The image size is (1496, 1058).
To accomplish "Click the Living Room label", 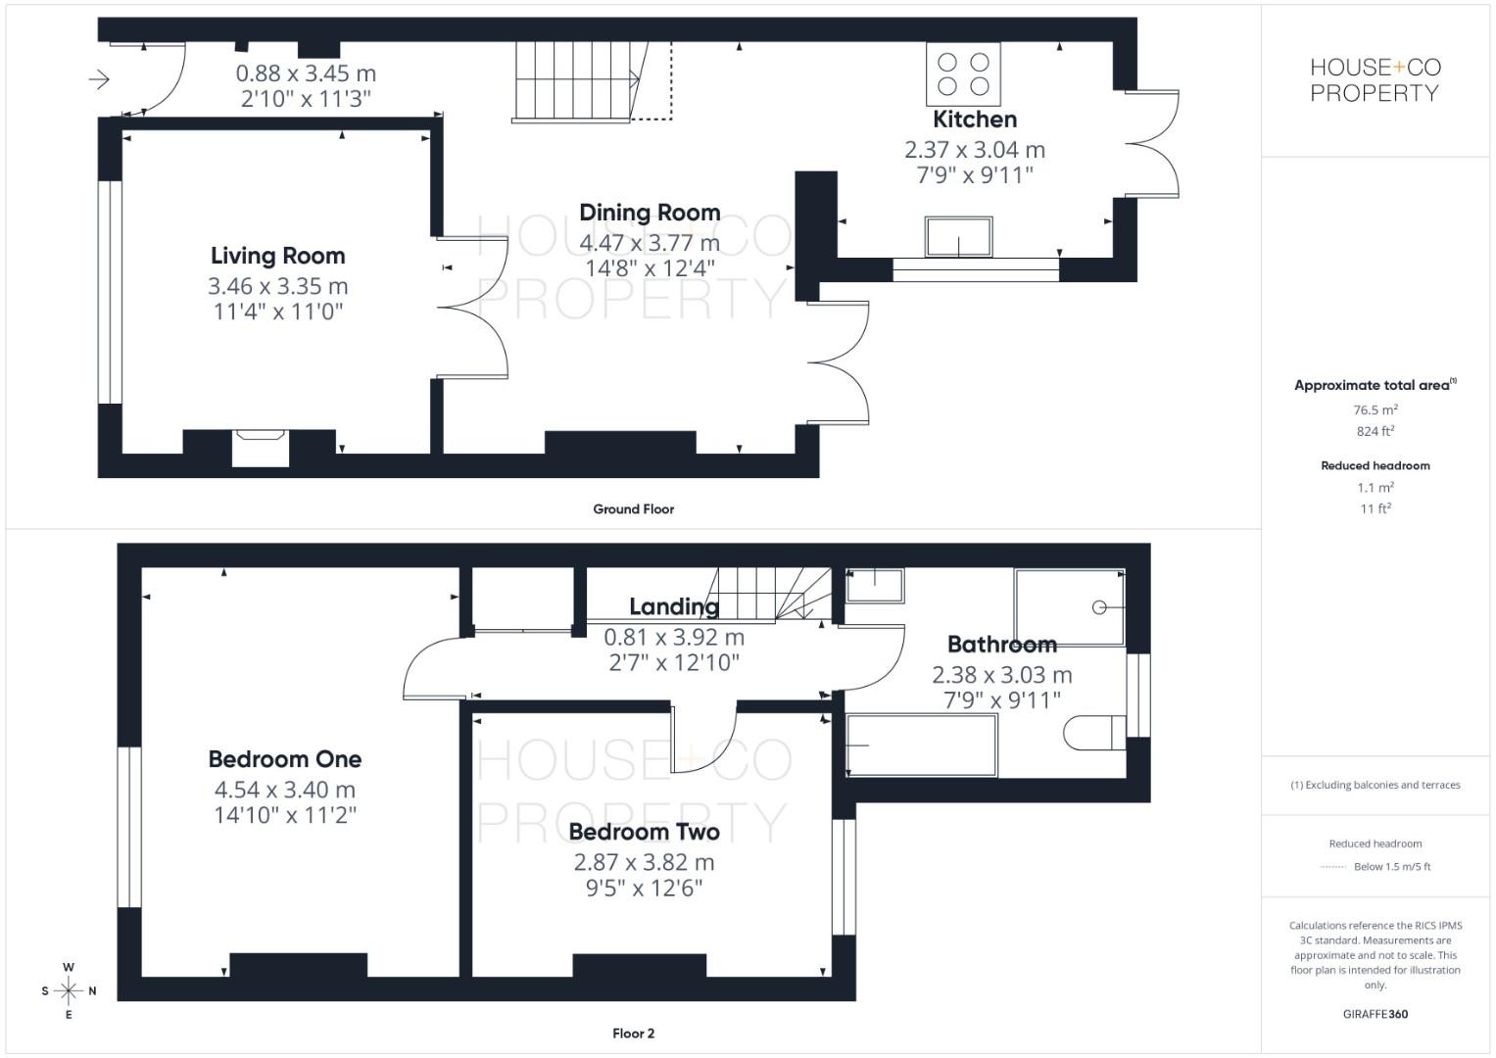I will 278,256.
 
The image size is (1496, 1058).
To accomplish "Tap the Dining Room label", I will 650,213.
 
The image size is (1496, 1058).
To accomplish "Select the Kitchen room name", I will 974,120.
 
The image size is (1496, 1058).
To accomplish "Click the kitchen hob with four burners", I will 963,73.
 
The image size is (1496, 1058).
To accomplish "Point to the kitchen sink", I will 958,237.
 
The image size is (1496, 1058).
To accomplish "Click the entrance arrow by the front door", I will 99,79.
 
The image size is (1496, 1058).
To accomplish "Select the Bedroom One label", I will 285,759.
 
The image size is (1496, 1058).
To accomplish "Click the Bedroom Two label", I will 644,832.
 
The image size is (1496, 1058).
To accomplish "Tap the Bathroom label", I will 1001,645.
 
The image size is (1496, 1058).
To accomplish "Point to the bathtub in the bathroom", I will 921,745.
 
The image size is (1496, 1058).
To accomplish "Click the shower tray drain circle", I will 1099,607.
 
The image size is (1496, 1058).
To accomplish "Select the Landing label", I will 674,606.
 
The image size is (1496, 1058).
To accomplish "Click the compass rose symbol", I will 69,990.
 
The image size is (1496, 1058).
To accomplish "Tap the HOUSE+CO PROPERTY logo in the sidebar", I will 1375,80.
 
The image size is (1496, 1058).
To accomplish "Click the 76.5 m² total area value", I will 1375,410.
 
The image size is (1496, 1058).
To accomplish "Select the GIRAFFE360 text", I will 1375,1014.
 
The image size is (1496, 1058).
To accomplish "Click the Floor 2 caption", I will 633,1034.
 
